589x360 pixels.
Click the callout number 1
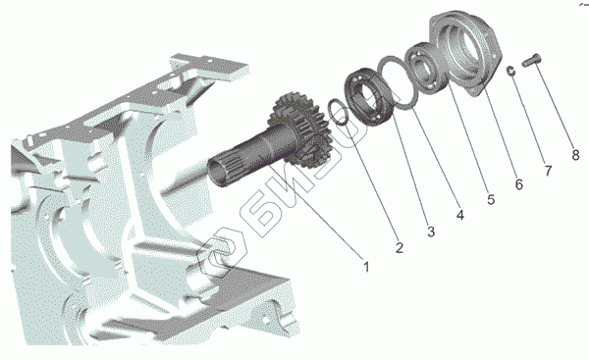pyautogui.click(x=366, y=267)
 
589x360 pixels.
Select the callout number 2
pyautogui.click(x=399, y=247)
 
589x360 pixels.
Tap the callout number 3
pyautogui.click(x=431, y=231)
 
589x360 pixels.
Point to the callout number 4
pyautogui.click(x=460, y=215)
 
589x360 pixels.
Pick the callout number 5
pyautogui.click(x=491, y=199)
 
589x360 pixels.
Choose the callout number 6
pyautogui.click(x=518, y=184)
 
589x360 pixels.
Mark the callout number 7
pyautogui.click(x=548, y=171)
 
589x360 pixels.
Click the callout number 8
pyautogui.click(x=575, y=154)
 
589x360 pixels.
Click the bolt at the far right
pyautogui.click(x=531, y=60)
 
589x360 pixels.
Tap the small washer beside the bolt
pyautogui.click(x=510, y=71)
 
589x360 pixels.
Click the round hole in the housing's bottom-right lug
pyautogui.click(x=265, y=319)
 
